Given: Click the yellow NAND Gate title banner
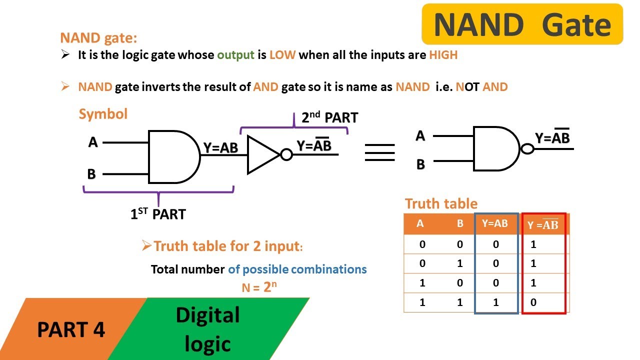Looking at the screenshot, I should click(x=522, y=24).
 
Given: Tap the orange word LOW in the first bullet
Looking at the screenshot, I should click(x=282, y=55).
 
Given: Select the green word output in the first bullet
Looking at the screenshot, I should click(x=236, y=55).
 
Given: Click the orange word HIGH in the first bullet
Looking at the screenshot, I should click(x=443, y=55).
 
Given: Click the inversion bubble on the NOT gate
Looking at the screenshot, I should click(x=286, y=155).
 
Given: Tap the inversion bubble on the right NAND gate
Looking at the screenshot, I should click(x=527, y=149).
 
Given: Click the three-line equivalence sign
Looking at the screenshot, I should click(x=379, y=152).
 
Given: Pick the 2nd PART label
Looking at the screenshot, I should click(x=329, y=118).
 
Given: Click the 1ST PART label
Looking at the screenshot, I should click(x=158, y=214).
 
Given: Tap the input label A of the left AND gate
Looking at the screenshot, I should click(x=93, y=142).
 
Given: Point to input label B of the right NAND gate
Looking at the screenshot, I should click(x=420, y=164).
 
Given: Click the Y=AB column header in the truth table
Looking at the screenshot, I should click(x=494, y=224).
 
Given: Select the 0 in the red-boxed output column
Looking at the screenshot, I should click(x=533, y=302).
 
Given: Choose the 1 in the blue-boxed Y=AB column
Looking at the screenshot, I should click(x=495, y=302).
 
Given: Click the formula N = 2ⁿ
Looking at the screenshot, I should click(x=259, y=287).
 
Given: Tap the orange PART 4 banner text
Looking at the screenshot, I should click(x=71, y=330).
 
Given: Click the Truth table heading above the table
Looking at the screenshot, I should click(x=441, y=204).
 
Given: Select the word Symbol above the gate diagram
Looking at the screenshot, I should click(x=103, y=114).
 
